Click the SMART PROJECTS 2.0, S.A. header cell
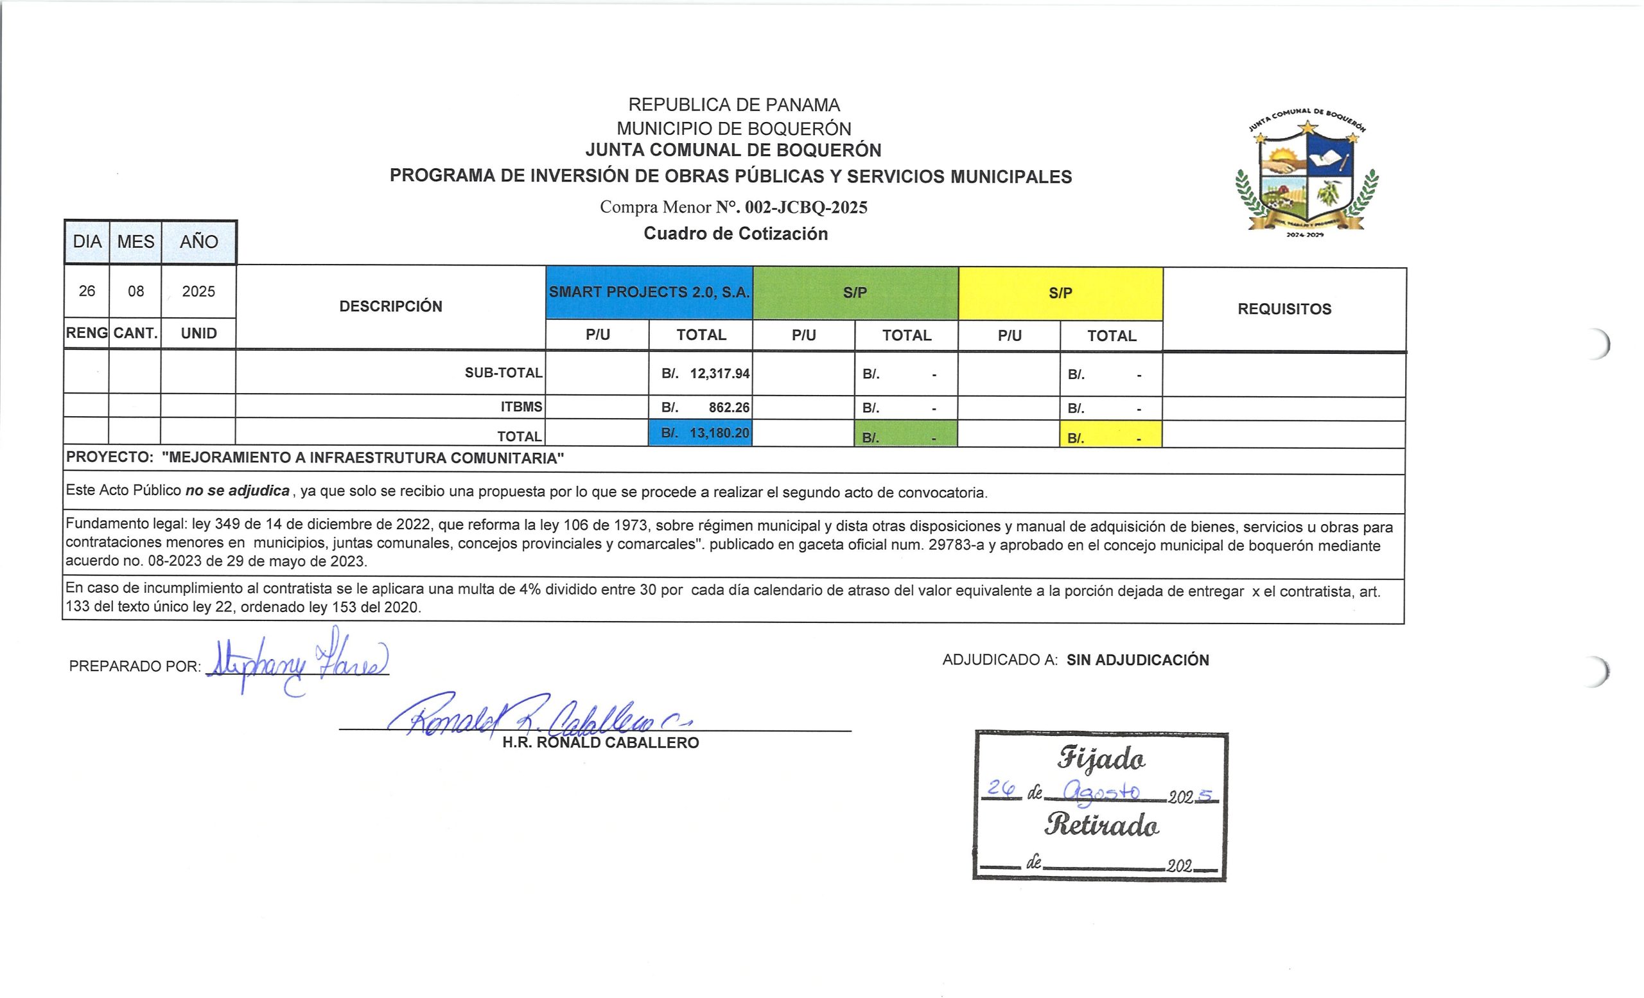tap(649, 292)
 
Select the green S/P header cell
tap(855, 293)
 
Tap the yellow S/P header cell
tap(1060, 293)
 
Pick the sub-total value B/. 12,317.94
tap(705, 374)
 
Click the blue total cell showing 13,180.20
tap(701, 433)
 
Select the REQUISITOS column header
tap(1284, 309)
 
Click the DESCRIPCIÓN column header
tap(391, 306)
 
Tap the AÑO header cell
tap(199, 241)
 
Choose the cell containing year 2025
tap(199, 292)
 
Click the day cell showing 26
tap(87, 292)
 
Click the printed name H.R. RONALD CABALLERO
tap(600, 743)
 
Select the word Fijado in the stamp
tap(1101, 760)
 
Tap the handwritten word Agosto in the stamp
tap(1101, 793)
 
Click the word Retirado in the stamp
tap(1101, 826)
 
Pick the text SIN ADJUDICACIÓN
tap(1137, 660)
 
